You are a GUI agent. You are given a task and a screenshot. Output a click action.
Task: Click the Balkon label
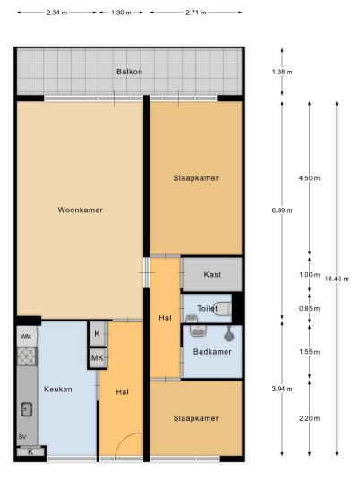129,72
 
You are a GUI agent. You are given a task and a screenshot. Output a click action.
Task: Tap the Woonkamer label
81,210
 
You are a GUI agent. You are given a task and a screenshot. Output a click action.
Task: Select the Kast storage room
212,274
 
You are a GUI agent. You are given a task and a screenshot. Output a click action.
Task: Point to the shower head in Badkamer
228,334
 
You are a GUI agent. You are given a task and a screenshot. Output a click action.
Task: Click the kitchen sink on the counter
27,409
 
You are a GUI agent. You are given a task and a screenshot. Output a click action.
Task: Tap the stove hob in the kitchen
27,356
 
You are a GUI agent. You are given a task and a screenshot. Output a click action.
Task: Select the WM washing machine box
27,336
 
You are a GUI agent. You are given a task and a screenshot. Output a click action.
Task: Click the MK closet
98,357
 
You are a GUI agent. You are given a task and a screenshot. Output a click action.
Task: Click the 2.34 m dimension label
56,13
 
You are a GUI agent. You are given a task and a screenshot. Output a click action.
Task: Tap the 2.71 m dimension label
196,13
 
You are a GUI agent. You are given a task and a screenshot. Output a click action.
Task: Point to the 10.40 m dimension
337,279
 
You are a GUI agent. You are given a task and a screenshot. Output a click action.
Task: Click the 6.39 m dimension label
282,210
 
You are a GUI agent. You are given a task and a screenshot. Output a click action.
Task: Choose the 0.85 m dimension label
310,309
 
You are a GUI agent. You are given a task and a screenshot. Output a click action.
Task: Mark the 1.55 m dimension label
310,352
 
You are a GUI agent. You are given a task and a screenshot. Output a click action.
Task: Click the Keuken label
58,389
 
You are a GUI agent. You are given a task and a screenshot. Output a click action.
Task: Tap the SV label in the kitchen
22,437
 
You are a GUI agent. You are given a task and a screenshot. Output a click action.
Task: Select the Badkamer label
212,351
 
